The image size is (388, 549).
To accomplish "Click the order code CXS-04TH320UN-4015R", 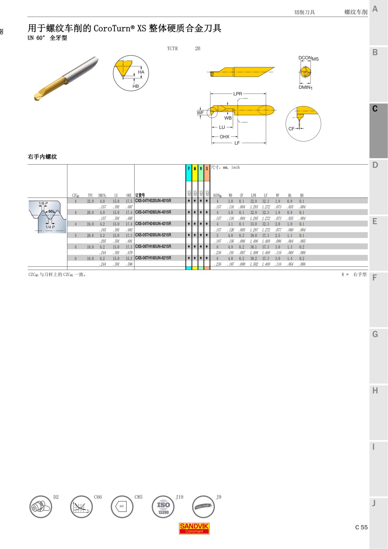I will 153,201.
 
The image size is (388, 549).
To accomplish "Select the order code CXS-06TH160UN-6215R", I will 153,258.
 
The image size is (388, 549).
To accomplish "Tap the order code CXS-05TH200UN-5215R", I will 153,235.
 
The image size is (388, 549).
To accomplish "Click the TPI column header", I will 90,195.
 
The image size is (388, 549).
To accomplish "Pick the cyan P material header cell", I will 189,169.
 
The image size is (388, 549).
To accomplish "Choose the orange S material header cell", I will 207,169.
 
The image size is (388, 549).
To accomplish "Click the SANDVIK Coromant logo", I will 194,528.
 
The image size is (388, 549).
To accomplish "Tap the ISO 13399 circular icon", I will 163,507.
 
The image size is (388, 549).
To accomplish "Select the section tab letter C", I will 375,109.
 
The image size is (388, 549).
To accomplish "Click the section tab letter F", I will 375,278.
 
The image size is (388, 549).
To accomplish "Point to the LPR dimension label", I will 238,94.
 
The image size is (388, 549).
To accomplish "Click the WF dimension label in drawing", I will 200,113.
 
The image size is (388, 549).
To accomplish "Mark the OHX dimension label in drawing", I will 224,137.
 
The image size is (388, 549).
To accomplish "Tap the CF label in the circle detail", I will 291,129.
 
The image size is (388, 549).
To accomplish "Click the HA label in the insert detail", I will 141,72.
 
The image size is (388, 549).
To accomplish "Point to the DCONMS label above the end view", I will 308,58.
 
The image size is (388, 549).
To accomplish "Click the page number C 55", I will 361,527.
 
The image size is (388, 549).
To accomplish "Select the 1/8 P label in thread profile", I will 43,203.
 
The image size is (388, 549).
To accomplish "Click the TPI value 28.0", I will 90,213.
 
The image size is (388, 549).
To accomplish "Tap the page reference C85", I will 138,497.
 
